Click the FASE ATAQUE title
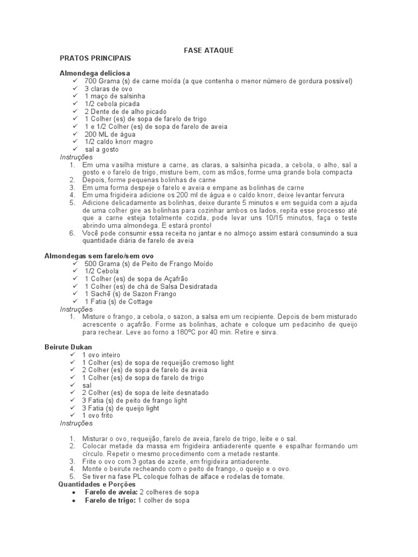click(209, 50)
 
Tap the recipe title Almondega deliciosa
click(95, 73)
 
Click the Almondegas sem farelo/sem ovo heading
click(99, 256)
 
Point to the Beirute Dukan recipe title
click(68, 347)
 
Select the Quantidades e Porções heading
click(97, 484)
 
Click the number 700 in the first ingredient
click(91, 81)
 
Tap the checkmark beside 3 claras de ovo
click(75, 89)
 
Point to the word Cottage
click(140, 301)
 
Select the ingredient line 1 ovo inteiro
click(101, 355)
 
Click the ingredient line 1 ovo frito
click(98, 416)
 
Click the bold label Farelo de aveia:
click(110, 492)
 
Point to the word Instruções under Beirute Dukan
click(76, 423)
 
